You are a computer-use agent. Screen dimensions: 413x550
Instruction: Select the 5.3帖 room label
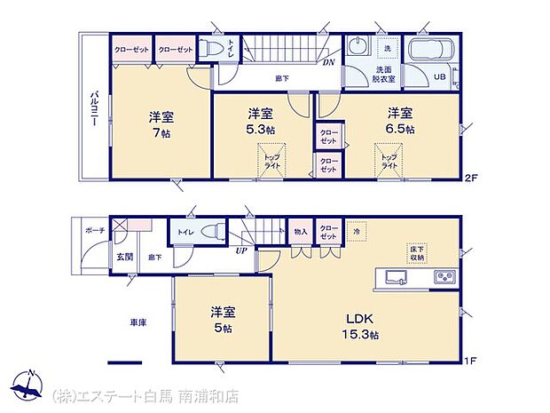tap(260, 121)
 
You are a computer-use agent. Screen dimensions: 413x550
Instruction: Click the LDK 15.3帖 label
tap(361, 325)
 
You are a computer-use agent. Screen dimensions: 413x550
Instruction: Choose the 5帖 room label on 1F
tap(222, 320)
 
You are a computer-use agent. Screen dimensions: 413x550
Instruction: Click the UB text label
tap(437, 76)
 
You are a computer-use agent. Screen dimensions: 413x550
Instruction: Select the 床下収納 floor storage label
tap(416, 252)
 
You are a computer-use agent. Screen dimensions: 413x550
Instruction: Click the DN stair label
tap(327, 61)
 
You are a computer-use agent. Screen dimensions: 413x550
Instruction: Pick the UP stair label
tap(240, 250)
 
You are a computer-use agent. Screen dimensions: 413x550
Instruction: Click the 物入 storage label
tap(301, 231)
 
